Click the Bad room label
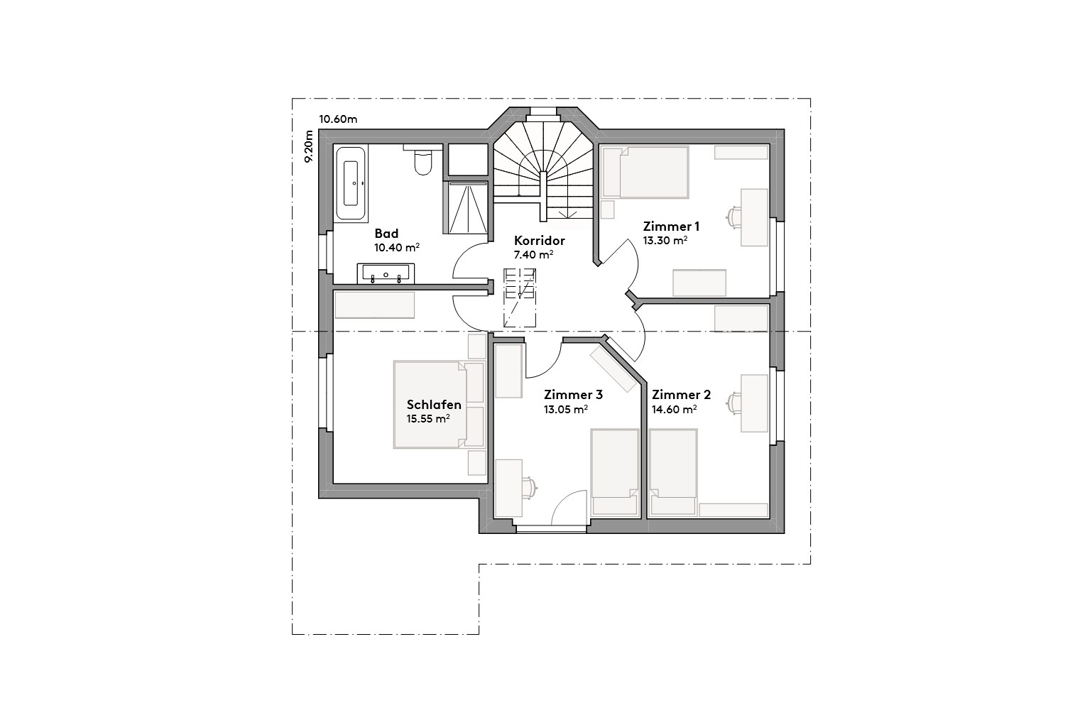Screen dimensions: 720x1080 click(x=386, y=234)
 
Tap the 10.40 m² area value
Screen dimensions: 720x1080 click(x=396, y=248)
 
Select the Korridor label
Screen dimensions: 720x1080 click(x=539, y=241)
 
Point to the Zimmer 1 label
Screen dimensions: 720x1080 click(x=671, y=227)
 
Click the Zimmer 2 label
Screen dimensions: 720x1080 click(x=681, y=395)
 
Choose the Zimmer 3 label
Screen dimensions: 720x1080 click(x=573, y=395)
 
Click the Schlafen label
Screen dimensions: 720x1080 click(x=434, y=405)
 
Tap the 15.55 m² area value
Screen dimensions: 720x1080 click(x=427, y=419)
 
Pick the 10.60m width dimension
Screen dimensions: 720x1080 click(x=338, y=119)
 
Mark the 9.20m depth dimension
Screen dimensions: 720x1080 click(x=308, y=147)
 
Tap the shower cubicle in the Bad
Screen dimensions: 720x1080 click(x=467, y=206)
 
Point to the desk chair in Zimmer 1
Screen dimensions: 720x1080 click(x=733, y=216)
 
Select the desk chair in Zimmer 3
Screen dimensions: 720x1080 click(x=530, y=486)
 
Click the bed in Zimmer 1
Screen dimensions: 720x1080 click(x=645, y=173)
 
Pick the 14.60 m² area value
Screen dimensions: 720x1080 click(x=673, y=409)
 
